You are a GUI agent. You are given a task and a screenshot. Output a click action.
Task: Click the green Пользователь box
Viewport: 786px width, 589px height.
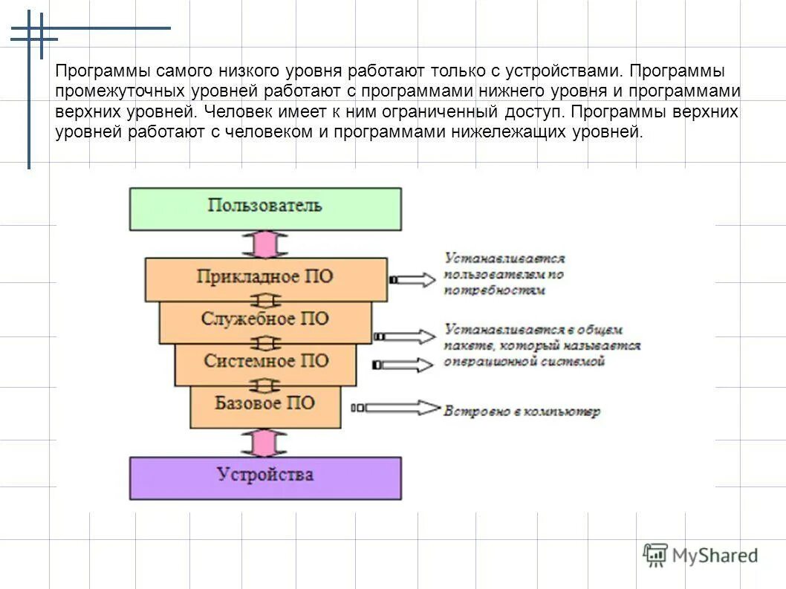[265, 208]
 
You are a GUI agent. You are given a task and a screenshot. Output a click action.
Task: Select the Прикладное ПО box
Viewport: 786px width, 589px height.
[265, 278]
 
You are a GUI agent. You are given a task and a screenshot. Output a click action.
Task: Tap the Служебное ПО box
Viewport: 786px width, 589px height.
[265, 320]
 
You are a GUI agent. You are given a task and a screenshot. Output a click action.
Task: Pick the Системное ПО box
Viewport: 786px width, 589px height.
[265, 362]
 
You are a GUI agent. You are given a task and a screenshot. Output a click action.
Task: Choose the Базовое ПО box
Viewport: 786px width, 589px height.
[265, 405]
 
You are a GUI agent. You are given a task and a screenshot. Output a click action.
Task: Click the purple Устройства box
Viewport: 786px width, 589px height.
[265, 477]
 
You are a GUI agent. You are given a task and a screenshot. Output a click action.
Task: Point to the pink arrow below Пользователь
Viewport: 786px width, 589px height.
[265, 244]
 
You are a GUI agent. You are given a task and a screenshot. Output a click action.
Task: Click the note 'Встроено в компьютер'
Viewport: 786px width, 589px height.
[522, 411]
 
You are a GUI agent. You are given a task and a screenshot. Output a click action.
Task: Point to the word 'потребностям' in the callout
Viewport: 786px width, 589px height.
[495, 290]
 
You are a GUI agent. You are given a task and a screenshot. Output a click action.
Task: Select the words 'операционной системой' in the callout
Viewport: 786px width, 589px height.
[524, 362]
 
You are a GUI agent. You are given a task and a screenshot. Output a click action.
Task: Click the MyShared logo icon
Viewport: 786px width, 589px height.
[655, 555]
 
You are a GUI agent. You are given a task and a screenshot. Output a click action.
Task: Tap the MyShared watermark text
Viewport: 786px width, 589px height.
[715, 556]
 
